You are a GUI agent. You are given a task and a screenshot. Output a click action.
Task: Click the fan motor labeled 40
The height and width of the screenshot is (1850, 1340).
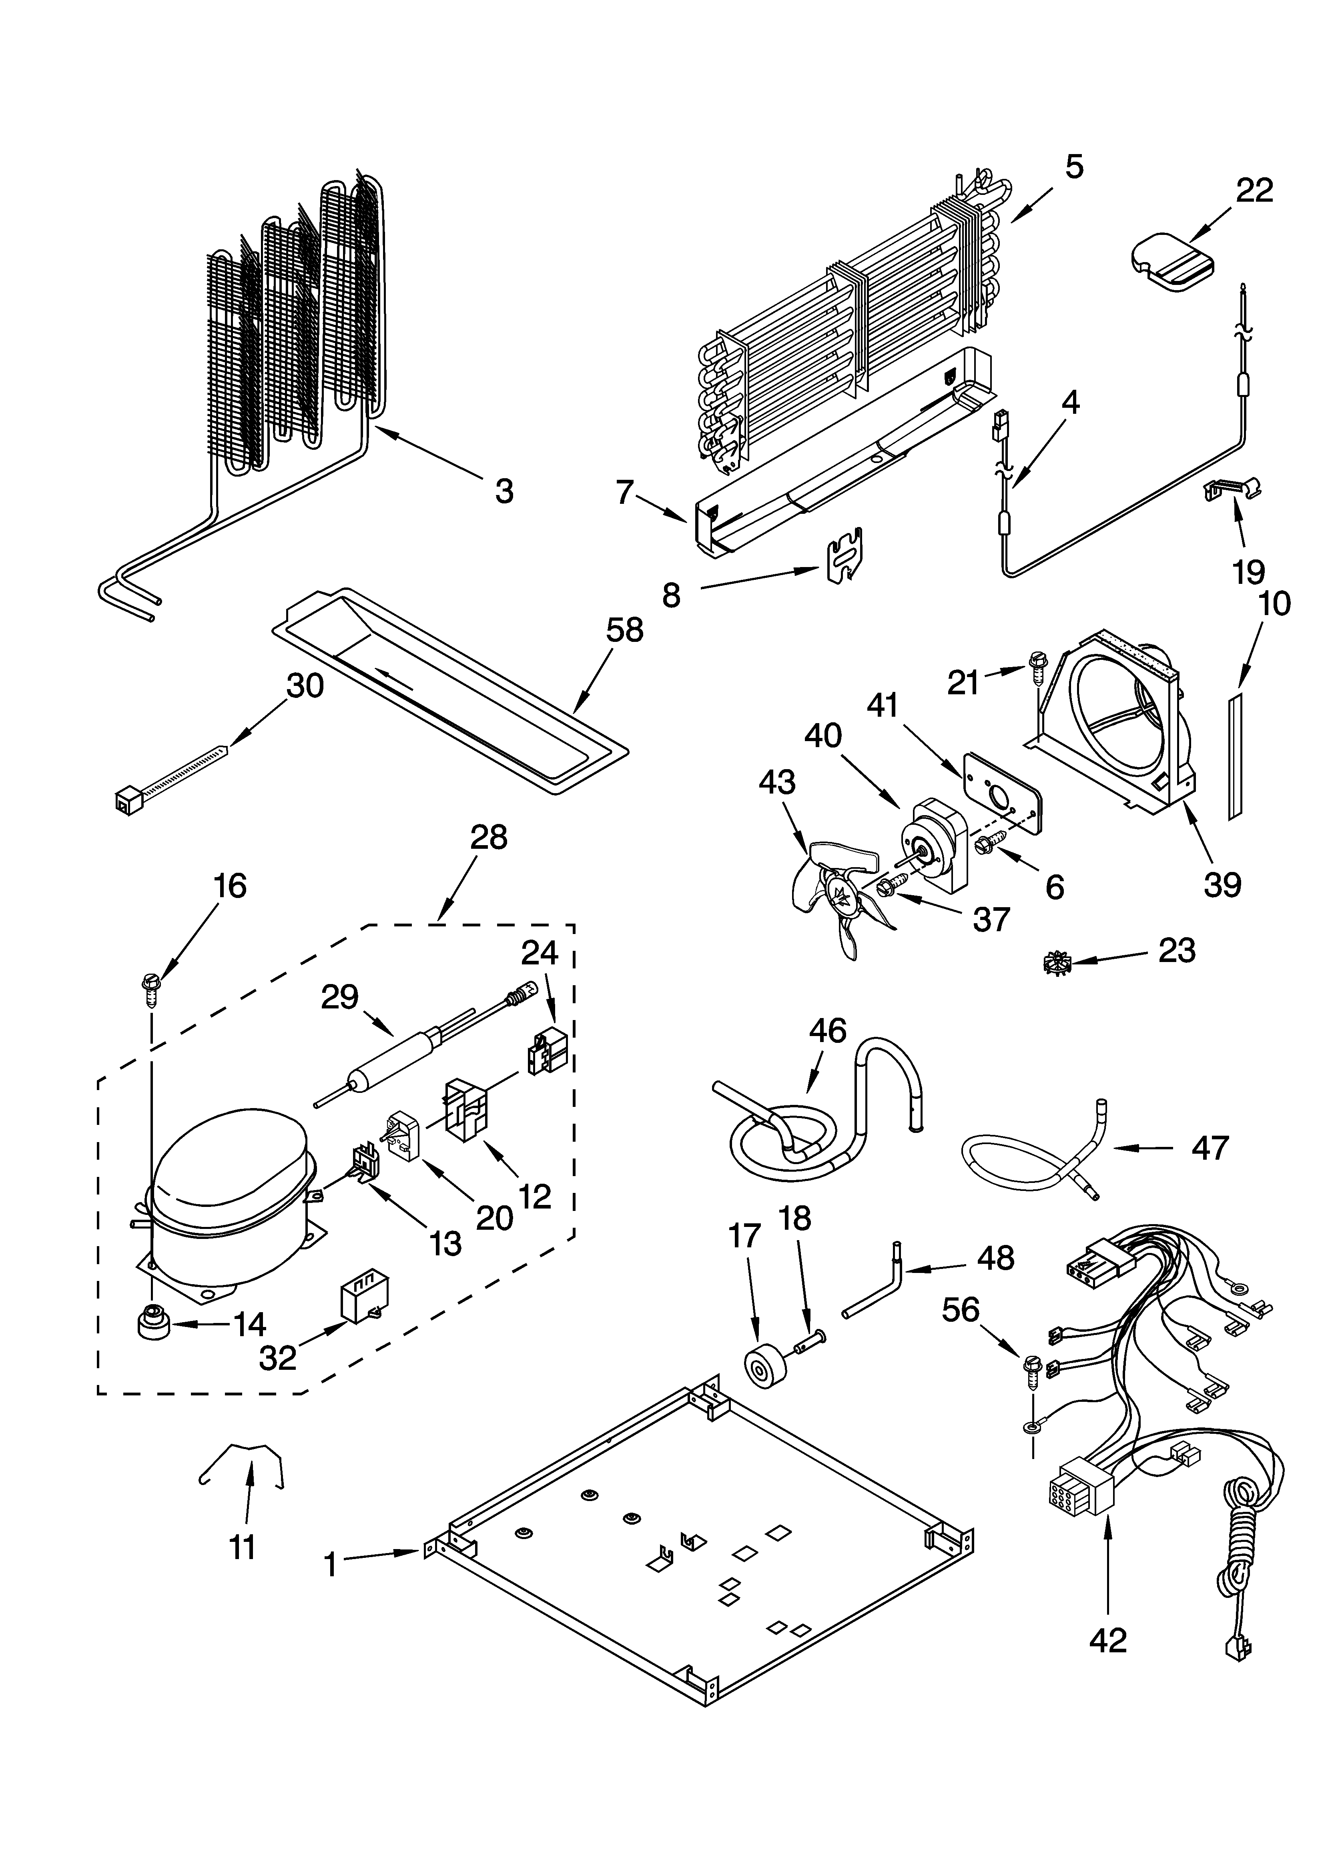tap(939, 844)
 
